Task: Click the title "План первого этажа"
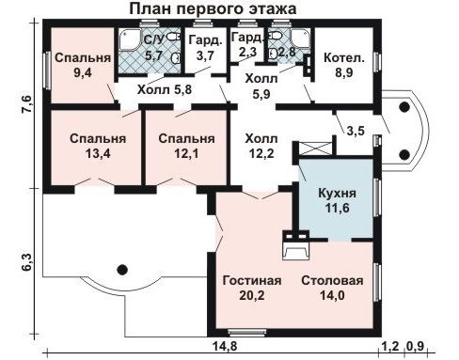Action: (213, 8)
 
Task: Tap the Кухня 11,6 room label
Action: (337, 200)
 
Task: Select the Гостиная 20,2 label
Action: (252, 288)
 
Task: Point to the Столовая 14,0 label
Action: (332, 288)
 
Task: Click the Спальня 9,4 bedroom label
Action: (83, 65)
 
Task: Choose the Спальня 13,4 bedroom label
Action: (98, 146)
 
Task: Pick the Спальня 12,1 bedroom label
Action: (186, 146)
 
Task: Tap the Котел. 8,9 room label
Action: (344, 65)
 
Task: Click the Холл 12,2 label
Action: (261, 146)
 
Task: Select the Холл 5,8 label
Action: (165, 90)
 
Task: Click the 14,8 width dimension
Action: (225, 347)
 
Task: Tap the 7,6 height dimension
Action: (27, 104)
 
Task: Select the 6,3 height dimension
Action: (27, 261)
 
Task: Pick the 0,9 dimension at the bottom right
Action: (416, 347)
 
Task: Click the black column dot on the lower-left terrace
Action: (122, 269)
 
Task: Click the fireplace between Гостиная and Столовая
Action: (296, 245)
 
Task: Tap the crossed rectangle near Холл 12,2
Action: (315, 149)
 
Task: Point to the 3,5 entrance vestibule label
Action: (356, 131)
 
